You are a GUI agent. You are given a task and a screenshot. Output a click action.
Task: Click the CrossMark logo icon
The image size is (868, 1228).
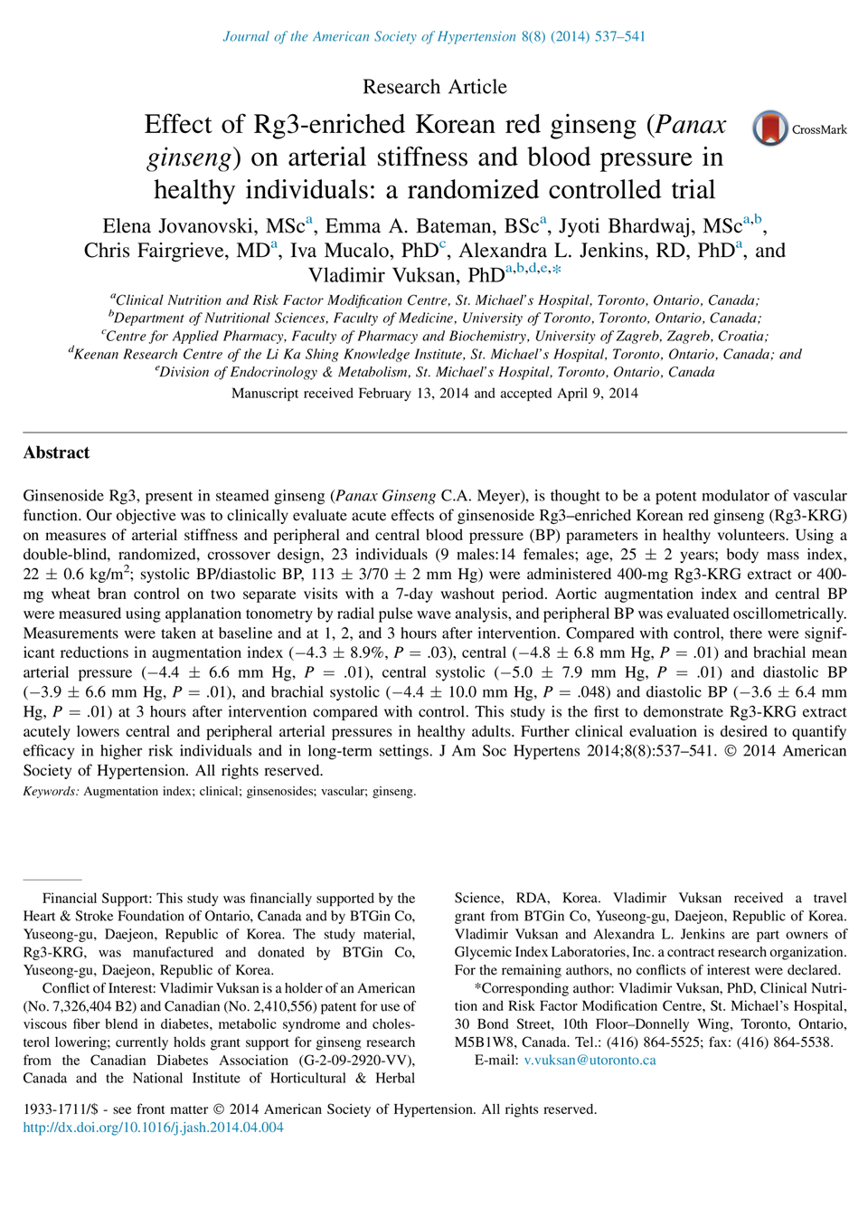(x=770, y=129)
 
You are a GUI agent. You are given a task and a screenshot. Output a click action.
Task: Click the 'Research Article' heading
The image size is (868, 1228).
(x=434, y=87)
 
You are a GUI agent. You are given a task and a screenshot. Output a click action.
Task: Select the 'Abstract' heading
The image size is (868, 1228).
(x=56, y=452)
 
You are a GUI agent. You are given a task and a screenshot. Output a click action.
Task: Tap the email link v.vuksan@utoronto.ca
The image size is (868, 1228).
(x=590, y=1060)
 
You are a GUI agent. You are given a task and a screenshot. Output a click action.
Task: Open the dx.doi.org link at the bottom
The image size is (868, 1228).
(x=153, y=1128)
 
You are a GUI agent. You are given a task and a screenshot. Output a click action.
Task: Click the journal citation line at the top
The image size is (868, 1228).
(x=434, y=36)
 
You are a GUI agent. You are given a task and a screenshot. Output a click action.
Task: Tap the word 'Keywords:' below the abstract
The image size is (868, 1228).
(x=51, y=791)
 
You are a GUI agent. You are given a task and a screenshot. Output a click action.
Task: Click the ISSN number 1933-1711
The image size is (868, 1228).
(x=53, y=1109)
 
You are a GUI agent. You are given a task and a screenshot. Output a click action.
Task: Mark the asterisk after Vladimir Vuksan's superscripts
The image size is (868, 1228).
(x=556, y=269)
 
